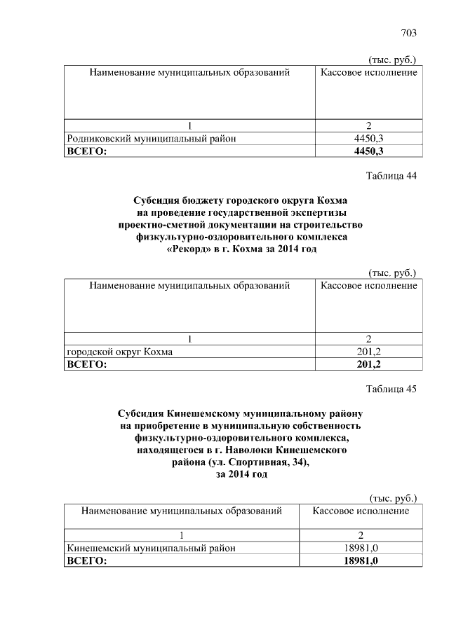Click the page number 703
(x=409, y=33)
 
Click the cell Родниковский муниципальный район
(x=151, y=139)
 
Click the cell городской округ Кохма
(x=119, y=352)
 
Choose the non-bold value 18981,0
(x=362, y=548)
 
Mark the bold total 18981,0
(x=362, y=560)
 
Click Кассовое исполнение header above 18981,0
(x=361, y=511)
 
